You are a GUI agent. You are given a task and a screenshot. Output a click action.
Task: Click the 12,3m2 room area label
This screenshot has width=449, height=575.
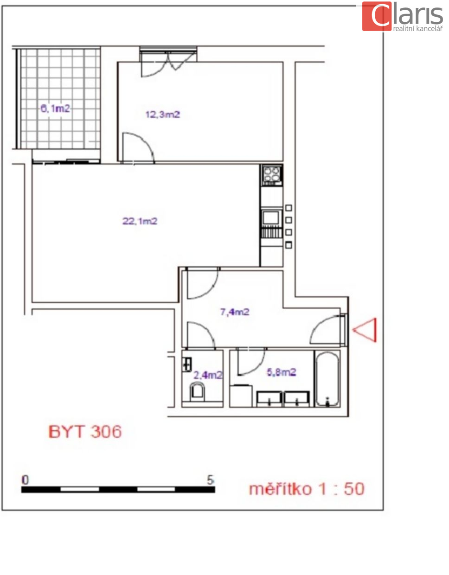[x=163, y=115]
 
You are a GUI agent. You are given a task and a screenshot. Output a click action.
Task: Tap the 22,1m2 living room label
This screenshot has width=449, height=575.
[x=140, y=221]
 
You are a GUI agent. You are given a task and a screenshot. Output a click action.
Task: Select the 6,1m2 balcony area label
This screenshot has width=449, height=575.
[x=55, y=109]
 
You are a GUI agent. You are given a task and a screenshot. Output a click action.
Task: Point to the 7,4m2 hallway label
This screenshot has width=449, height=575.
[x=235, y=312]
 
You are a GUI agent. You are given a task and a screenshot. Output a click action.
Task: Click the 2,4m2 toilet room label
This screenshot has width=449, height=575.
[x=208, y=376]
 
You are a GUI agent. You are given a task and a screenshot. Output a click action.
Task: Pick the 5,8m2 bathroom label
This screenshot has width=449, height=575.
[x=281, y=372]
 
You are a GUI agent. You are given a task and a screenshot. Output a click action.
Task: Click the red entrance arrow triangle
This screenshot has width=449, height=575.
[x=365, y=330]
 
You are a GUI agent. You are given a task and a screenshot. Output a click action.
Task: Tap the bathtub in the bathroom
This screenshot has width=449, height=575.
[x=327, y=379]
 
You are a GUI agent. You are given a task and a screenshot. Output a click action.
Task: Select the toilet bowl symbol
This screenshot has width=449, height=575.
[x=197, y=392]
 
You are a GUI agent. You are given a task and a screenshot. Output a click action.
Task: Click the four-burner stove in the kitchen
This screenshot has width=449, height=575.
[x=271, y=174]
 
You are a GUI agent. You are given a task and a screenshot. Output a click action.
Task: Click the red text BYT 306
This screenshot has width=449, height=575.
[x=85, y=432]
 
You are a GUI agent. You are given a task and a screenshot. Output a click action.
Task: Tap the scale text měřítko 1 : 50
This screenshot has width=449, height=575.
[x=307, y=489]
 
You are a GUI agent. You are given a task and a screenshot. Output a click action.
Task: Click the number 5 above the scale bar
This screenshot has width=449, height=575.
[x=210, y=480]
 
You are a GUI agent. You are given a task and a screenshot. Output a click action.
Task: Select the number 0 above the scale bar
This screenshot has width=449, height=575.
[x=25, y=480]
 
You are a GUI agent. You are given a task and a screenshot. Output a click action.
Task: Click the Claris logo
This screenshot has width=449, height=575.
[x=402, y=16]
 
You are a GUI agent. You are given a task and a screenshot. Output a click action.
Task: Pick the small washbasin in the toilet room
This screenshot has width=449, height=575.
[x=187, y=364]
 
